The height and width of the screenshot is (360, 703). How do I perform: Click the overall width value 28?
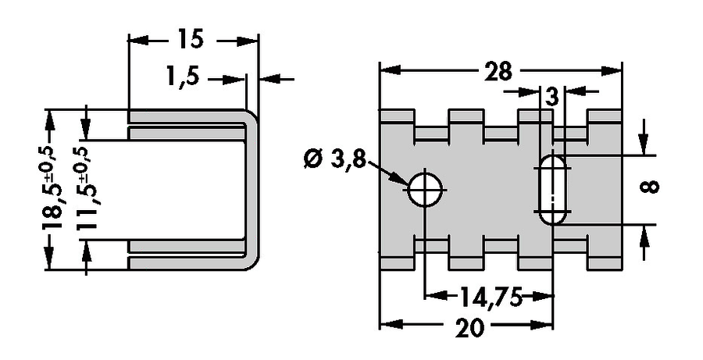(x=497, y=71)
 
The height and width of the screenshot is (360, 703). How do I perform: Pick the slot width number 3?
(x=552, y=97)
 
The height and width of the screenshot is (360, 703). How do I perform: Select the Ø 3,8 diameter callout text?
(x=331, y=159)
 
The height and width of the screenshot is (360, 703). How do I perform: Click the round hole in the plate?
(x=424, y=187)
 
